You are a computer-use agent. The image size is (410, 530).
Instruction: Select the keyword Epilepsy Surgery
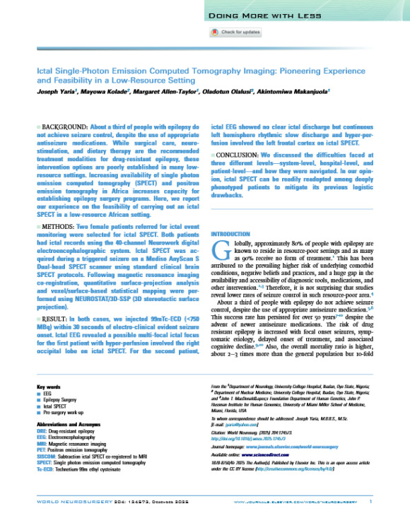click(60, 408)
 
